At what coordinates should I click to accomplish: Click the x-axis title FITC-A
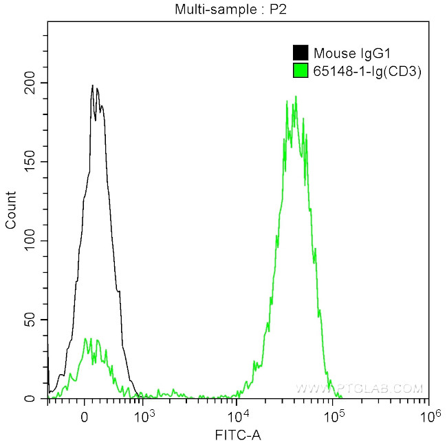238,434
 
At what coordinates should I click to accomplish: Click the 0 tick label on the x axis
85,417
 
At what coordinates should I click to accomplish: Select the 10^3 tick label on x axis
144,416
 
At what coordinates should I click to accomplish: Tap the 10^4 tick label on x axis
239,416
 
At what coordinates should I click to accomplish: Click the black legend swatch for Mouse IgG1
301,53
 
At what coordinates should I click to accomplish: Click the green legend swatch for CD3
301,70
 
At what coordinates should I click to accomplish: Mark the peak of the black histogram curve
92,86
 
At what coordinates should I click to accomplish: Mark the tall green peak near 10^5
295,97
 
